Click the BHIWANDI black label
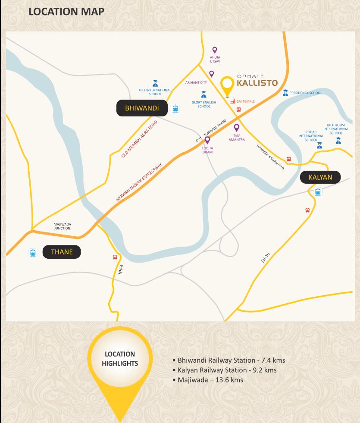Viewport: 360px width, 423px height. point(140,108)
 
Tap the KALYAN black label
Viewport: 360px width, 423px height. point(320,177)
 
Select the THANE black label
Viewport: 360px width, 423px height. point(62,252)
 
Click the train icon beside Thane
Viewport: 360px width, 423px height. point(33,253)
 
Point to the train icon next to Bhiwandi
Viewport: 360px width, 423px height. point(175,109)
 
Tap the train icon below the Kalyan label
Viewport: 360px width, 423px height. point(318,191)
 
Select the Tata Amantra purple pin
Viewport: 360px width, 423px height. point(236,128)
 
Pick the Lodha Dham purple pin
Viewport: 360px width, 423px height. point(207,140)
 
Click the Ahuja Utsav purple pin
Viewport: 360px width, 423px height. point(215,50)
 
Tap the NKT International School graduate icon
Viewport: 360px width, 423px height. point(155,83)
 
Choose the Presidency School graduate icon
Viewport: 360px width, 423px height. point(285,93)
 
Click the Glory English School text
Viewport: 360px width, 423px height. point(204,104)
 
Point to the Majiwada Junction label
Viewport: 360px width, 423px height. point(62,226)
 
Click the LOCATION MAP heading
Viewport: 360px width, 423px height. point(66,12)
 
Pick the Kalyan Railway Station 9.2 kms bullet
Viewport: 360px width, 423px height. point(227,370)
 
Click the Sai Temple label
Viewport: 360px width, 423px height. point(245,101)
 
